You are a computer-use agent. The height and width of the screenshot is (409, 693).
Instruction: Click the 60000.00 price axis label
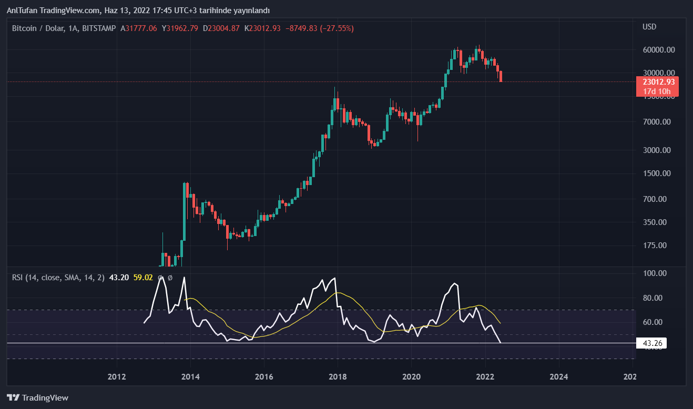click(x=659, y=50)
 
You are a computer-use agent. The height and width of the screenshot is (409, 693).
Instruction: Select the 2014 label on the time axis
click(x=190, y=376)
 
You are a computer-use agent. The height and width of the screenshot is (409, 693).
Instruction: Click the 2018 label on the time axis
click(x=338, y=376)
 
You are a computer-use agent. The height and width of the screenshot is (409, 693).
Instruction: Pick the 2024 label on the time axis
click(x=558, y=376)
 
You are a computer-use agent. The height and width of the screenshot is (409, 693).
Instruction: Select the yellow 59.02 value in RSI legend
click(x=143, y=277)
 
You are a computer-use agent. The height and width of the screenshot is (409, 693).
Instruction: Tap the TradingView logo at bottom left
click(x=37, y=398)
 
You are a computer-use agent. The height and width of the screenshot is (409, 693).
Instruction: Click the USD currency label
click(x=649, y=27)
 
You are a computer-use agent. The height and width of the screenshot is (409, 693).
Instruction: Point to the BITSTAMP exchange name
click(x=99, y=28)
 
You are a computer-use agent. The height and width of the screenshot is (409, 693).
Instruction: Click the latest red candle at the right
click(x=501, y=76)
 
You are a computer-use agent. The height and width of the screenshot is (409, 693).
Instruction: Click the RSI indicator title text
click(x=58, y=277)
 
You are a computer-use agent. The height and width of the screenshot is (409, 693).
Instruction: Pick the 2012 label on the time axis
click(x=117, y=376)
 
